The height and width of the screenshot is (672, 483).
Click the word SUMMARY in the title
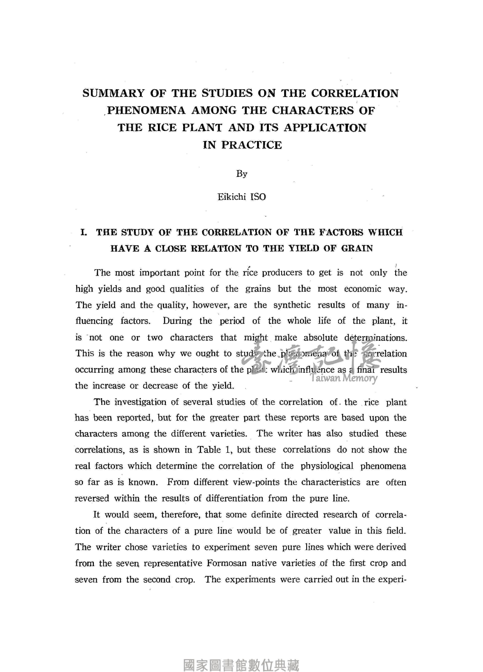coord(113,94)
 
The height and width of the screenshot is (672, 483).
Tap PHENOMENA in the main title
coord(146,111)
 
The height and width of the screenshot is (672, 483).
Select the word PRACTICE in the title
coord(252,145)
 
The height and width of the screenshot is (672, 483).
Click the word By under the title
coord(241,174)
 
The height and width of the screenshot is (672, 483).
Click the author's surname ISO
coord(258,197)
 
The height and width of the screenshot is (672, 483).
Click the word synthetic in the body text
coord(292,305)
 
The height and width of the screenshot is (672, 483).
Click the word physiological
coord(327,466)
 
